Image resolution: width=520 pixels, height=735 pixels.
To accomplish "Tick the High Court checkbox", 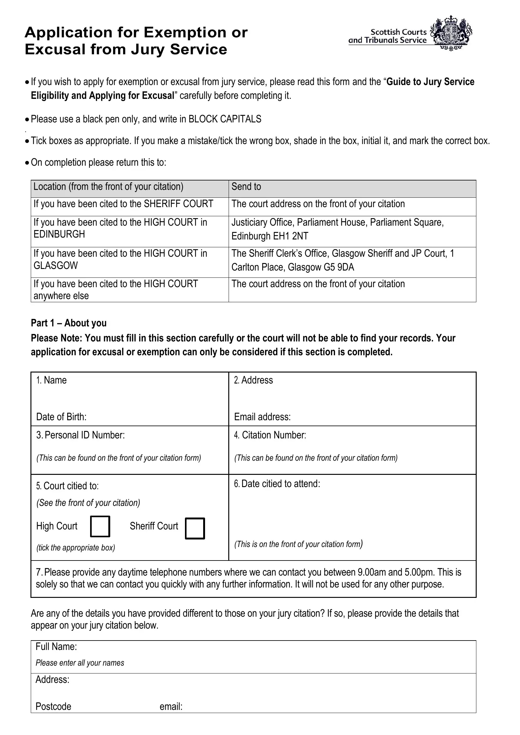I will pyautogui.click(x=100, y=526).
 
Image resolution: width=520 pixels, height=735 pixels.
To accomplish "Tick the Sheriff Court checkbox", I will pyautogui.click(x=195, y=528).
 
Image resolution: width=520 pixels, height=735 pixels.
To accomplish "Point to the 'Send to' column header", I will pyautogui.click(x=246, y=187).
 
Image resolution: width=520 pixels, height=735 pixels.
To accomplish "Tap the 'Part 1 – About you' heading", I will pyautogui.click(x=68, y=323).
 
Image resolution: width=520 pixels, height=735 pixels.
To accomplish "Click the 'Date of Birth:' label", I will pyautogui.click(x=61, y=417).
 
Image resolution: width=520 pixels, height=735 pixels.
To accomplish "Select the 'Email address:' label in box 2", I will pyautogui.click(x=262, y=417).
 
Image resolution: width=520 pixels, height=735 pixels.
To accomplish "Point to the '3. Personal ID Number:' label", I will pyautogui.click(x=80, y=435).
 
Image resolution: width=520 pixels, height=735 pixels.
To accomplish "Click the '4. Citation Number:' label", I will pyautogui.click(x=270, y=435).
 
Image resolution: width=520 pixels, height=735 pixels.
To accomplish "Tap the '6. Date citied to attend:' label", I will pyautogui.click(x=277, y=484).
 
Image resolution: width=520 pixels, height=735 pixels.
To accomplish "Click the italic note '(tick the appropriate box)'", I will pyautogui.click(x=76, y=548).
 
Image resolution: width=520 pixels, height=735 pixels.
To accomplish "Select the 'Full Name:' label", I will pyautogui.click(x=56, y=646).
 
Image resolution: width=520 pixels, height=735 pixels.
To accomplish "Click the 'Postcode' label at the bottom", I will pyautogui.click(x=53, y=706).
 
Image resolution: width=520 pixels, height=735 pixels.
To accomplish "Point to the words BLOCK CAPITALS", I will pyautogui.click(x=225, y=119).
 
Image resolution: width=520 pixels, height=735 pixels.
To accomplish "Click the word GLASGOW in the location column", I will pyautogui.click(x=56, y=266).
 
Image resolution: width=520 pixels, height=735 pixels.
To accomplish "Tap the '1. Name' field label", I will pyautogui.click(x=51, y=380).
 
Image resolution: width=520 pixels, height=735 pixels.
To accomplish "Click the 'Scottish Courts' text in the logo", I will pyautogui.click(x=398, y=32).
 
